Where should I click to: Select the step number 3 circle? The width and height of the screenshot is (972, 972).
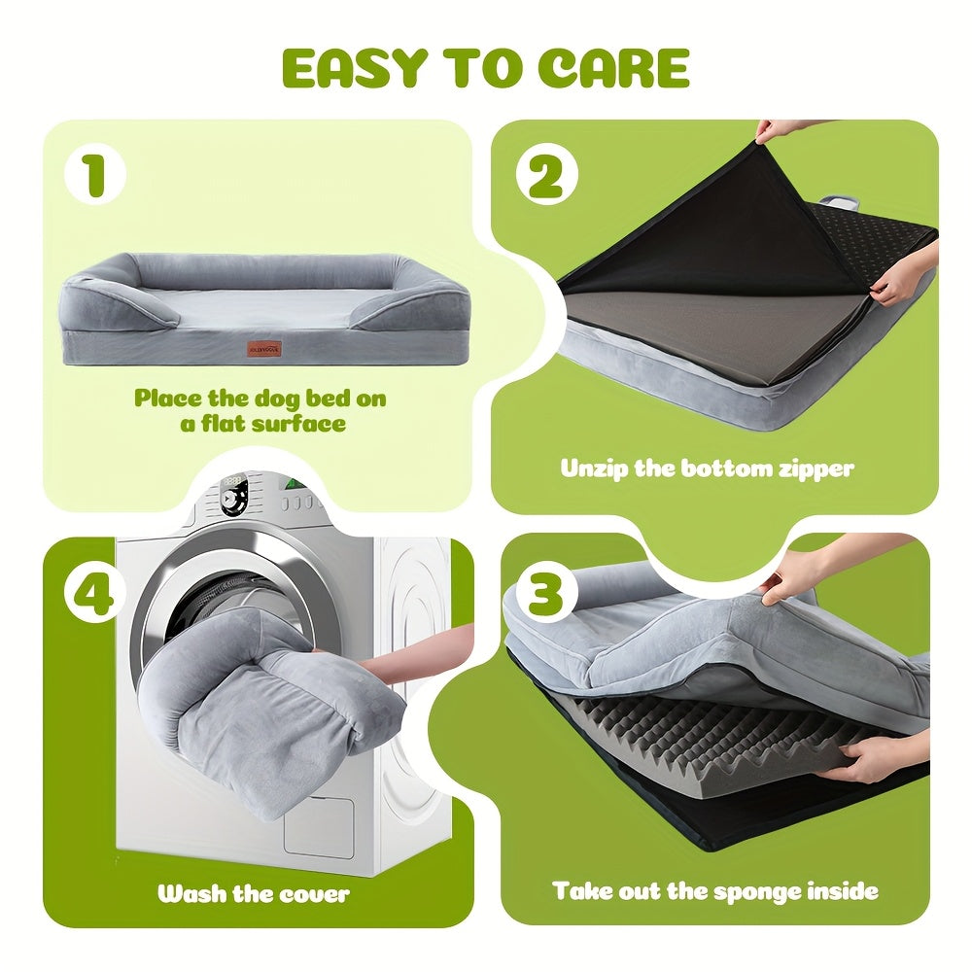pos(545,591)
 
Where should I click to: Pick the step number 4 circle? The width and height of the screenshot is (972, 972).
pos(94,592)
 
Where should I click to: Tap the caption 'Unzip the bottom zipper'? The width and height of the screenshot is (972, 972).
pos(708,468)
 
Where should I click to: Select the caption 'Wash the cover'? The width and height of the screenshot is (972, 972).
pos(254,892)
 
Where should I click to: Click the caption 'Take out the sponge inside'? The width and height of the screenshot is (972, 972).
pos(715,890)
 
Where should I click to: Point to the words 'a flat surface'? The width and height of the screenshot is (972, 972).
pos(262,424)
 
